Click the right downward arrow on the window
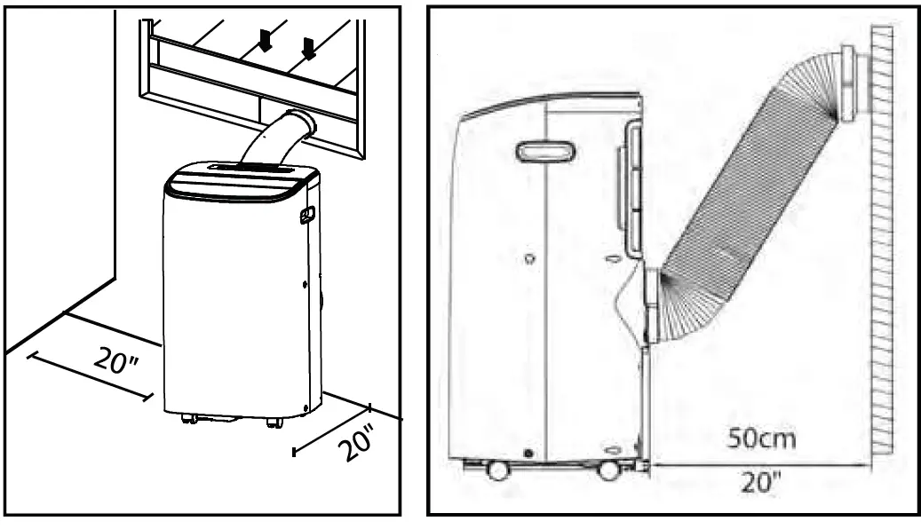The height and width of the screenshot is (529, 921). pos(308,47)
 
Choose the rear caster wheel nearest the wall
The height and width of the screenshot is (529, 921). pos(609,470)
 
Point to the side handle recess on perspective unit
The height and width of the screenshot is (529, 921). pos(309,215)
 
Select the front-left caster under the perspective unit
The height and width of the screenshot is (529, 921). pos(188,419)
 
